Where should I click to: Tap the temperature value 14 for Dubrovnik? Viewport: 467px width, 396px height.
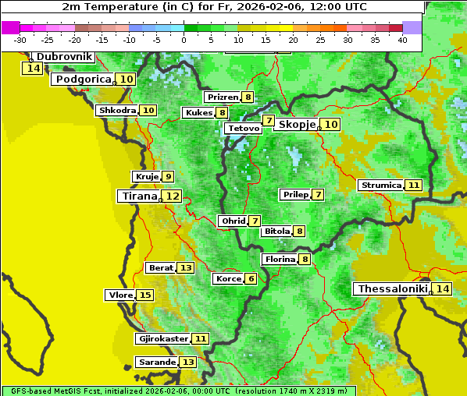click(33, 69)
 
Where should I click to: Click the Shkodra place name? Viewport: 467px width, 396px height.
click(117, 111)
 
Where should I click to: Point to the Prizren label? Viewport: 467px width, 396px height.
click(222, 97)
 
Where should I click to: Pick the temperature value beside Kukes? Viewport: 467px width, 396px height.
click(223, 113)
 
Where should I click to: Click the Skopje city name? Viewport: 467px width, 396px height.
click(297, 125)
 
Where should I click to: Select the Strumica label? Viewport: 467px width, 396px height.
click(381, 186)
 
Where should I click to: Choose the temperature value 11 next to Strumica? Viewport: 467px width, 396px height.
click(414, 186)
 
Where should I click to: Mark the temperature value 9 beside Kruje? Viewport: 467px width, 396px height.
click(168, 177)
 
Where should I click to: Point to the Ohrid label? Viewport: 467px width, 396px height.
click(233, 221)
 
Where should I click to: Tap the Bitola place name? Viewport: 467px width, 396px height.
click(276, 232)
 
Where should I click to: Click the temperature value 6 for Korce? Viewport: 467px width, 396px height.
click(251, 279)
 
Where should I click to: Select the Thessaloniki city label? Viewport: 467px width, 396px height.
click(392, 289)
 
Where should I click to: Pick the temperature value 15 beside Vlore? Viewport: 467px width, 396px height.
click(145, 295)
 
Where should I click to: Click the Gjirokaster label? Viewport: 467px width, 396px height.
click(162, 339)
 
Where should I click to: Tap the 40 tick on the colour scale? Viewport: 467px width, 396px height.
click(402, 40)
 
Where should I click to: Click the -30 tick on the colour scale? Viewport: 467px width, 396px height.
click(20, 40)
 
